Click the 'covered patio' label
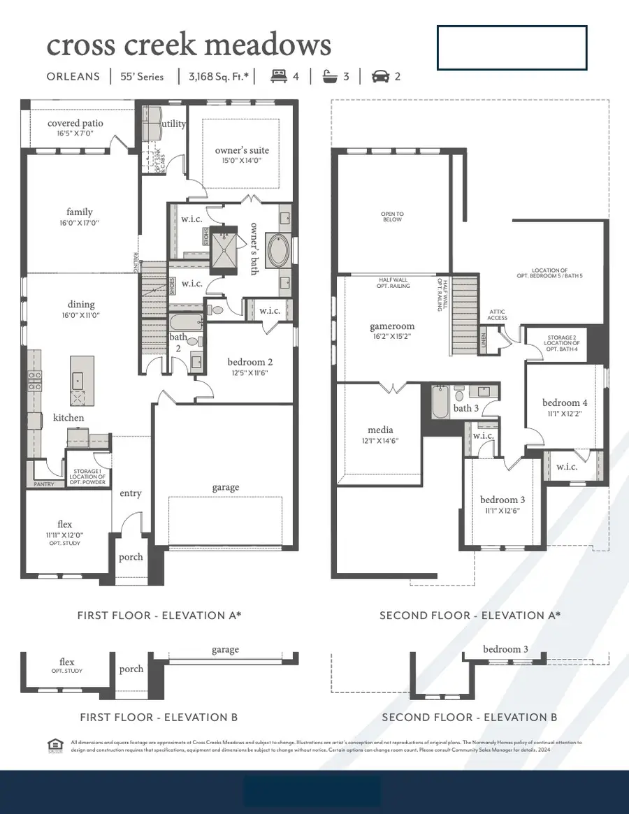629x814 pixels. (x=75, y=124)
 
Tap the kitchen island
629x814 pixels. (x=82, y=380)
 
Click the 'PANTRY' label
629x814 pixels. (x=44, y=484)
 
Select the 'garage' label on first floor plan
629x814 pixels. (x=225, y=487)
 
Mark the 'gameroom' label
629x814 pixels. (x=392, y=326)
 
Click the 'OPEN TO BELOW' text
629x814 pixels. (x=392, y=217)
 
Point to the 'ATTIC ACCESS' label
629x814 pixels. (x=497, y=315)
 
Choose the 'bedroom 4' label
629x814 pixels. (x=565, y=402)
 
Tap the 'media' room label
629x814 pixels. (x=380, y=430)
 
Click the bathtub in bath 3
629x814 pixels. (x=440, y=403)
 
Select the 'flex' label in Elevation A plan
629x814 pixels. (x=64, y=524)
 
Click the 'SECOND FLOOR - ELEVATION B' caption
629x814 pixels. (x=469, y=718)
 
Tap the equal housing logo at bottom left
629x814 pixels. (x=54, y=746)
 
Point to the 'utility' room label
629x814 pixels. (x=173, y=124)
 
